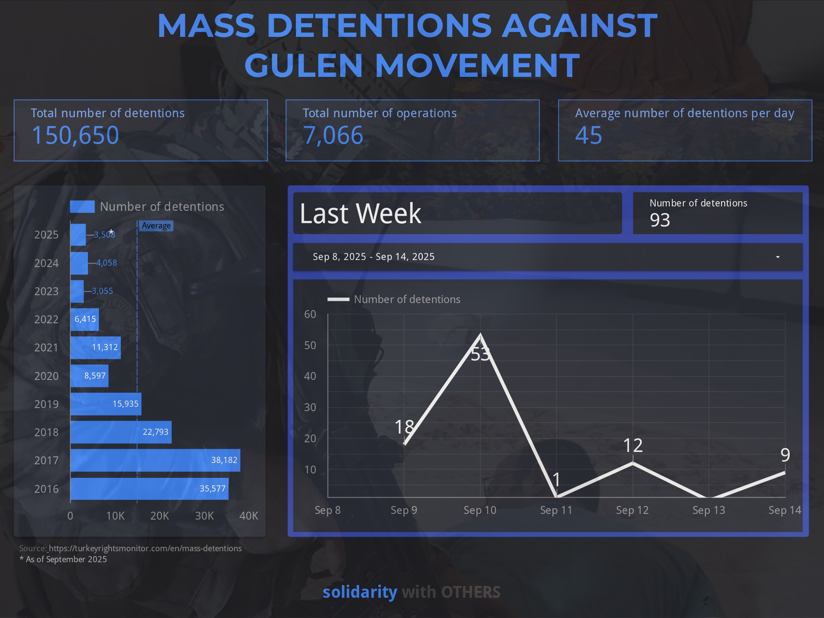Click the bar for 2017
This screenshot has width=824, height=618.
pos(155,460)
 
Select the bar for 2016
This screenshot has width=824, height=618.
pos(149,489)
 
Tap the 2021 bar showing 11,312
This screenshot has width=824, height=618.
pos(95,347)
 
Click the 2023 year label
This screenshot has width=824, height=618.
pos(46,291)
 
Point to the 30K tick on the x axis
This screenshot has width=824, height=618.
pos(204,516)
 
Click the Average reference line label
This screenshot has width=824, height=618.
pos(156,226)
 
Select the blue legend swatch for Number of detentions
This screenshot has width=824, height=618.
pos(82,206)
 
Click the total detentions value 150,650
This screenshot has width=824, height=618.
pos(75,135)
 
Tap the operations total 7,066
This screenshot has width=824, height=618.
pos(333,135)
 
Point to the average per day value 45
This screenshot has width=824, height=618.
pos(588,135)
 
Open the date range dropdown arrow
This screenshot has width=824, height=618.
pos(778,257)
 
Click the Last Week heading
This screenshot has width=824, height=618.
pos(360,214)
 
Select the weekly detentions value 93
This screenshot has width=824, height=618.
pos(660,220)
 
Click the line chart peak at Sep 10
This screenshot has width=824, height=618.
pos(480,334)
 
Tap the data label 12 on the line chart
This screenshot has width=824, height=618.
pos(633,446)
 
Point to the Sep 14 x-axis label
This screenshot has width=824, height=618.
pos(785,510)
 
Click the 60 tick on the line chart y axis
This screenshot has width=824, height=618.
pos(310,314)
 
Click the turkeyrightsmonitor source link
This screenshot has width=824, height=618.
pos(145,548)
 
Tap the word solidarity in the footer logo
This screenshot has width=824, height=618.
pos(360,592)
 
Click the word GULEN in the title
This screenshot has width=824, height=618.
pos(304,65)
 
